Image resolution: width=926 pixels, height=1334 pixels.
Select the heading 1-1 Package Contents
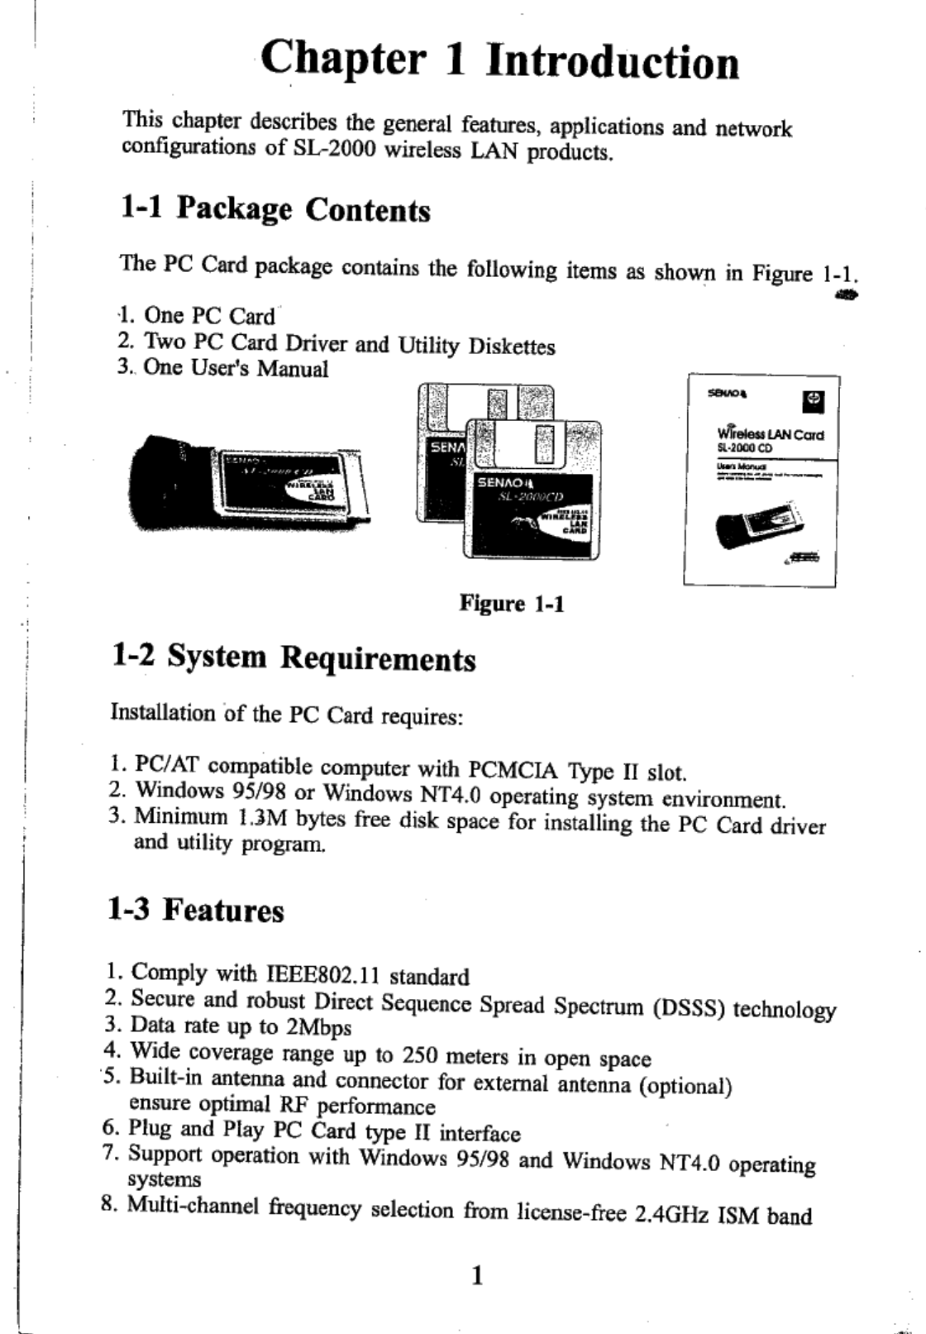click(275, 209)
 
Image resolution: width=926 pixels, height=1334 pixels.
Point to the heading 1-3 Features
click(196, 911)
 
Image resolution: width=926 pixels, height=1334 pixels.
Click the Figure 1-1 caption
click(512, 604)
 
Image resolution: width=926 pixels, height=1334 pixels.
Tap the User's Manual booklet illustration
click(761, 481)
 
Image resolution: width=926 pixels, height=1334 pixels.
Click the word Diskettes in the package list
click(512, 347)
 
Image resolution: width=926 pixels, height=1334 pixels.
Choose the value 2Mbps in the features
click(318, 1028)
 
